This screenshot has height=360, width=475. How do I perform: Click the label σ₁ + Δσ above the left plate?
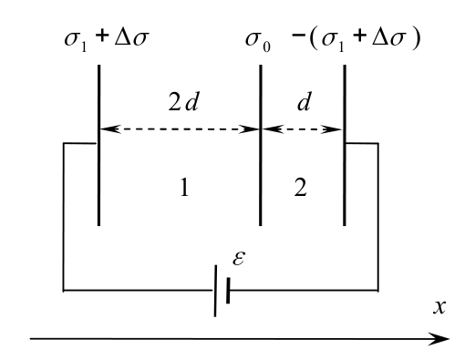[x=107, y=39]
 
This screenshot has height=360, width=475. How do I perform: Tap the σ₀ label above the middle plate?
[x=258, y=40]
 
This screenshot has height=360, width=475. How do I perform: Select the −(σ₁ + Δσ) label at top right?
[x=356, y=39]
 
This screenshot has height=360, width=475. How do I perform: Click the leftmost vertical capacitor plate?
[x=98, y=145]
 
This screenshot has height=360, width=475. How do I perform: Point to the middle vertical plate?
[x=261, y=145]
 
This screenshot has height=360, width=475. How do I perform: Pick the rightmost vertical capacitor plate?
[x=345, y=145]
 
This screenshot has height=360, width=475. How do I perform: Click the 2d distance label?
[x=183, y=102]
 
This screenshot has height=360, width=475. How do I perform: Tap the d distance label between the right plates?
[x=305, y=102]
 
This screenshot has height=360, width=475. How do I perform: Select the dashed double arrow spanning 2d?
[x=180, y=129]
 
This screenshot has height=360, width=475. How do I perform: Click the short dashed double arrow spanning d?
[x=303, y=129]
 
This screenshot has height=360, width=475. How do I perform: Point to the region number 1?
[x=184, y=188]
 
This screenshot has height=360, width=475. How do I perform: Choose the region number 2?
[x=301, y=187]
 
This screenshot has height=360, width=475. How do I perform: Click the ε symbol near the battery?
[x=239, y=259]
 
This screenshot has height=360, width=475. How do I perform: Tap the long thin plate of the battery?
[x=215, y=291]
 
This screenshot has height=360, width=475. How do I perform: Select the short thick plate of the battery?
[x=228, y=290]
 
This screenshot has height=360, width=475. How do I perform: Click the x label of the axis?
[x=439, y=307]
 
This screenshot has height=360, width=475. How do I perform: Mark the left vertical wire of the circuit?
[x=64, y=217]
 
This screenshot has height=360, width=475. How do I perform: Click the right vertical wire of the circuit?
[x=378, y=217]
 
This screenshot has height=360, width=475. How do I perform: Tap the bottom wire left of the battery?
[x=139, y=291]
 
